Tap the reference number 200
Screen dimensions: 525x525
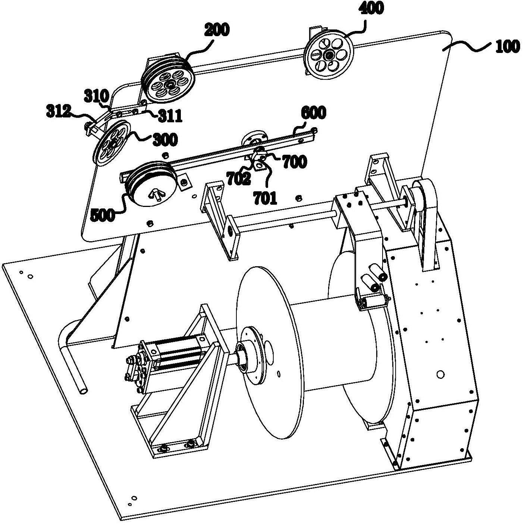[217, 30]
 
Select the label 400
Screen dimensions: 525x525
[371, 8]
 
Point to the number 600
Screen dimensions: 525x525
[313, 113]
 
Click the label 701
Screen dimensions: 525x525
[265, 198]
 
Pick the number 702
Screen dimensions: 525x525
[238, 179]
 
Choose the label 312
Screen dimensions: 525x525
[59, 111]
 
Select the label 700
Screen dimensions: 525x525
[295, 162]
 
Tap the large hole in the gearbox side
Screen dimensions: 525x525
[440, 374]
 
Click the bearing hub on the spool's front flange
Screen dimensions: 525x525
[242, 356]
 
